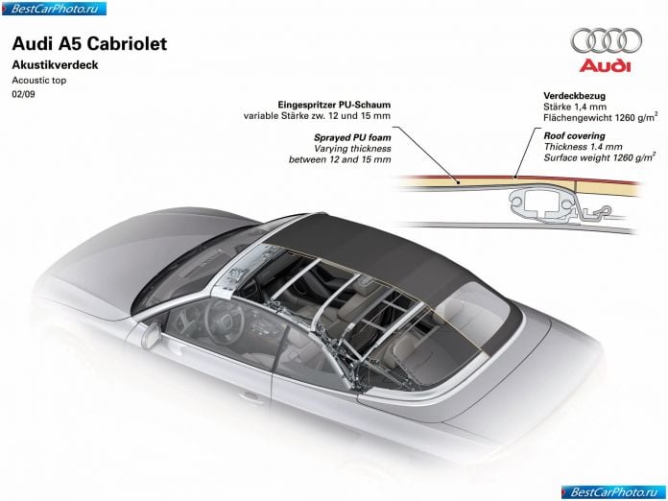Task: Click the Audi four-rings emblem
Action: tap(607, 41)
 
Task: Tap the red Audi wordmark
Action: tap(605, 65)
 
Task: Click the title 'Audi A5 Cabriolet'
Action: tap(89, 44)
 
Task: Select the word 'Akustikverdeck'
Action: tap(55, 64)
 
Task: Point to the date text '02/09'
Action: tap(23, 94)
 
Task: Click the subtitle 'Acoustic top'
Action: tap(39, 80)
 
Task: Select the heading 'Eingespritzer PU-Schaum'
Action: tap(334, 105)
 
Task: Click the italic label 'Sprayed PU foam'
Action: tap(352, 137)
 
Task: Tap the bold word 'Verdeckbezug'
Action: tap(574, 96)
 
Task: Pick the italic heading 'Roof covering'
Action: tap(574, 136)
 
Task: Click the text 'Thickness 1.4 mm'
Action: tap(583, 147)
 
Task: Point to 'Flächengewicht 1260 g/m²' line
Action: tap(600, 117)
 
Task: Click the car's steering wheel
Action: tap(224, 320)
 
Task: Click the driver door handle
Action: tap(251, 398)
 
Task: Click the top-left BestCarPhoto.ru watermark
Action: tap(54, 8)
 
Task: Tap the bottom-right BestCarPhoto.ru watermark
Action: tap(613, 492)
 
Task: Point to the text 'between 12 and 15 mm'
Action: tap(340, 159)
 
